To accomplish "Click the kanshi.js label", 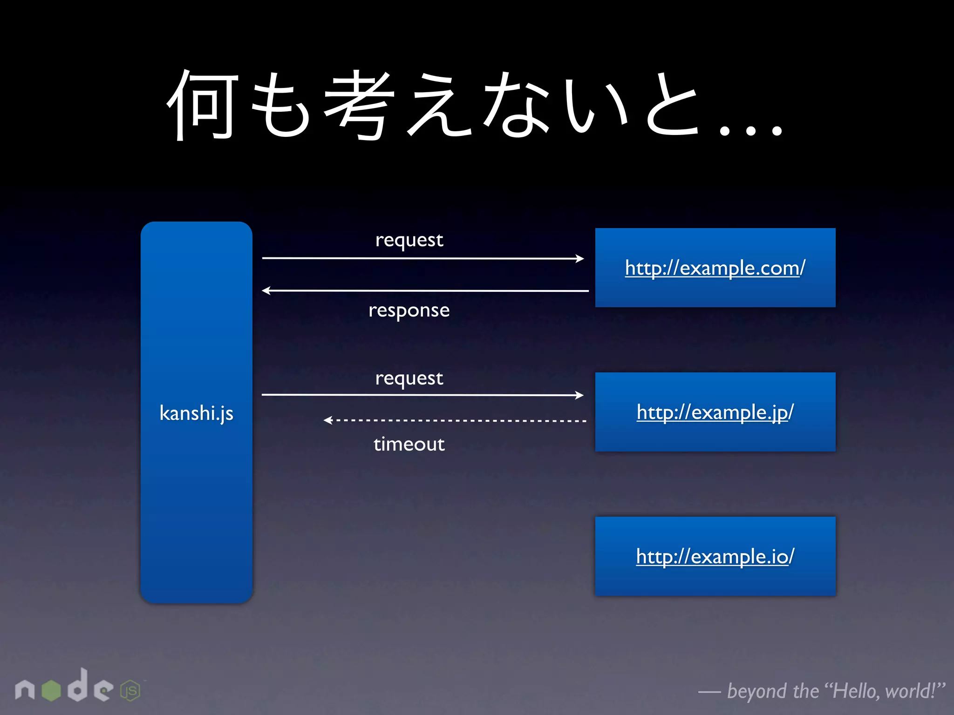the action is (196, 413).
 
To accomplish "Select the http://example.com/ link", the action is (715, 268).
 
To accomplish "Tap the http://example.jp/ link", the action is (715, 412).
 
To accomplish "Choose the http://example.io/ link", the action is (715, 557).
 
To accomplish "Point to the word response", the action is (409, 310).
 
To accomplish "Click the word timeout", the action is (409, 444).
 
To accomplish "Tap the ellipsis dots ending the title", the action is (750, 130).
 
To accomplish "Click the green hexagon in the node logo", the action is (51, 690).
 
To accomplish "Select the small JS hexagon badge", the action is (130, 691).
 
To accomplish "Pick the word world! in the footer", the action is (911, 690).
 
